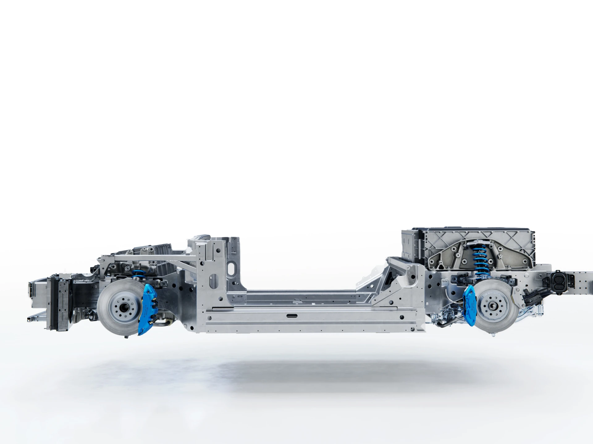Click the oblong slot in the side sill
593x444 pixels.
[292, 316]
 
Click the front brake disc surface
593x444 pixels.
[108, 318]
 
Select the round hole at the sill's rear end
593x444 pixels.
[401, 317]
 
